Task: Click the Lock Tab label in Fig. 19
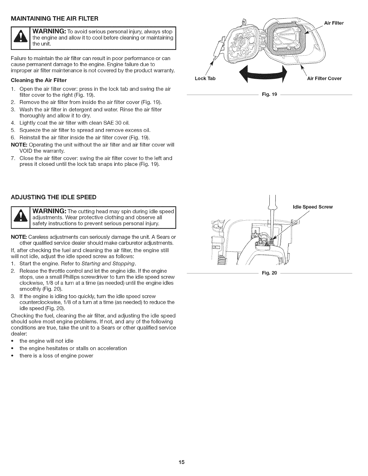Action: point(205,79)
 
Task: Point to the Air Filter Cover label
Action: point(324,79)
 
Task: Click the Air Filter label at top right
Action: point(334,23)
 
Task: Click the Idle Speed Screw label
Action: point(313,207)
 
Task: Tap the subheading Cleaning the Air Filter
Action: point(38,80)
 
